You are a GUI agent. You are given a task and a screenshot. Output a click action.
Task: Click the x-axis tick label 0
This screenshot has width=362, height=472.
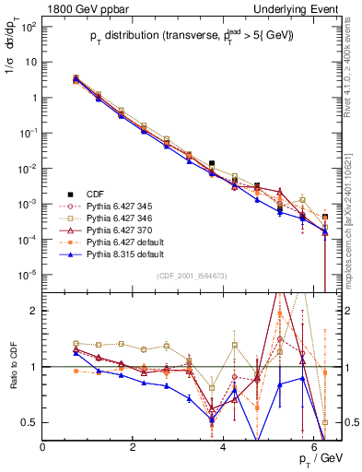coord(42,447)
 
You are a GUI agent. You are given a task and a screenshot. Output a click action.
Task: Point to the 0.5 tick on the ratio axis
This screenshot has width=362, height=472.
coord(29,422)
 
